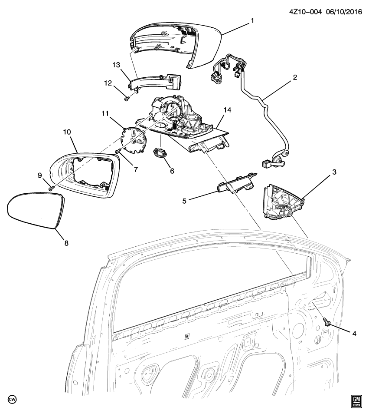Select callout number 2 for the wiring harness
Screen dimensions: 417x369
[294, 78]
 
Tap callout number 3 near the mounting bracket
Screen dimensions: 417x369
[334, 172]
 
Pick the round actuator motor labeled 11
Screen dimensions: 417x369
[126, 99]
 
